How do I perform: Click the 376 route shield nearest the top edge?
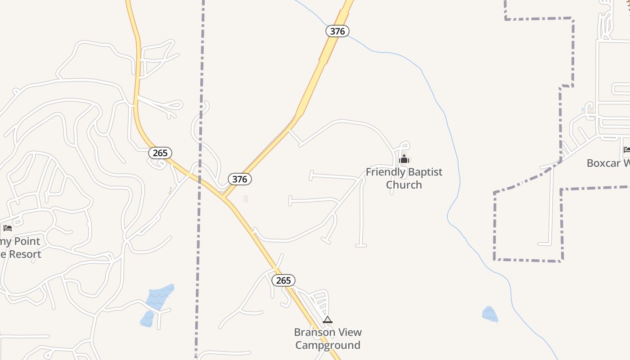(337, 31)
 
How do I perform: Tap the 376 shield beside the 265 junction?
(239, 179)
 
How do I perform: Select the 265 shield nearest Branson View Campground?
(283, 280)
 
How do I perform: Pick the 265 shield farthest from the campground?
(160, 153)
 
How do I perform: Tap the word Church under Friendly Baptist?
(404, 185)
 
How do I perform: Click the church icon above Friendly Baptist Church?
(404, 159)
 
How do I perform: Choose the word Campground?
(328, 346)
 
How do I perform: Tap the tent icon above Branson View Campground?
(328, 320)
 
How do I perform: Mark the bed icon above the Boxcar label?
(627, 150)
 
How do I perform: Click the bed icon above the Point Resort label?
(8, 228)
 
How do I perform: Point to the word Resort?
(25, 254)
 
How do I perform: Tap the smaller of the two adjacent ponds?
(147, 319)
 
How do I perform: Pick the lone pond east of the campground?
(490, 314)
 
